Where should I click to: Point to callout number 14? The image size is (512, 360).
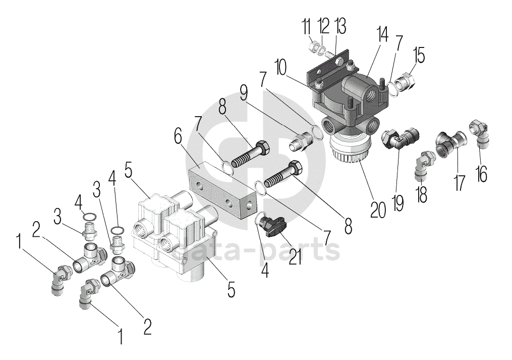point(382,36)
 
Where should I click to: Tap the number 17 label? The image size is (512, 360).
point(459,182)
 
